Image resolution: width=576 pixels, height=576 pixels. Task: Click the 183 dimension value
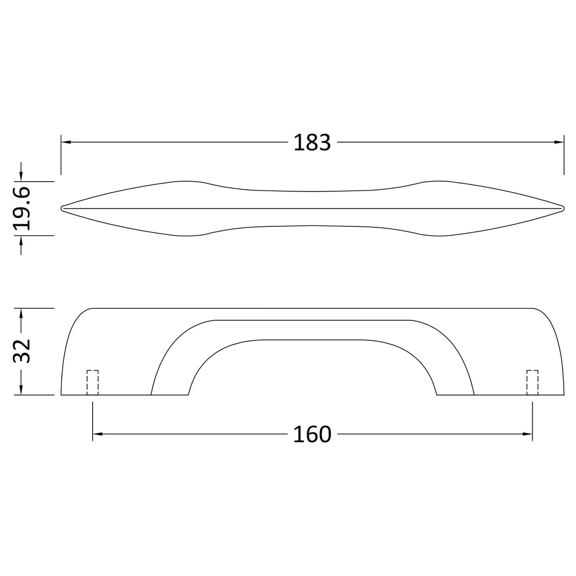coord(312,142)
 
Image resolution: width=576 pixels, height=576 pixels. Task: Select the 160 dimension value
coord(312,434)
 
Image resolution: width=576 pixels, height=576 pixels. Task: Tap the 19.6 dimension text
coord(22,208)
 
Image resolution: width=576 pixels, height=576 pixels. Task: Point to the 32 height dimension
coord(22,350)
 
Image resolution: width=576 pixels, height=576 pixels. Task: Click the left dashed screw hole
coord(93,383)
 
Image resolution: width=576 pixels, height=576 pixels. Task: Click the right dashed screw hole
coord(532,383)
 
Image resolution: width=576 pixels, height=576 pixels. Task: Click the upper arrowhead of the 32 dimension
coord(21,312)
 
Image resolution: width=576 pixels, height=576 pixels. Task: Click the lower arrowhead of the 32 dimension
coord(21,390)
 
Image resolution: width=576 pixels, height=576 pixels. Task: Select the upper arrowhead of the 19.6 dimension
coord(21,176)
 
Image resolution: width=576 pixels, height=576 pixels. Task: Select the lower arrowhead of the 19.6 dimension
coord(21,240)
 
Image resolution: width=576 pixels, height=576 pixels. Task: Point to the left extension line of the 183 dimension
coord(61,155)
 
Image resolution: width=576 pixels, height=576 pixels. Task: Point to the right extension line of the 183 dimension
coord(564,155)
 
